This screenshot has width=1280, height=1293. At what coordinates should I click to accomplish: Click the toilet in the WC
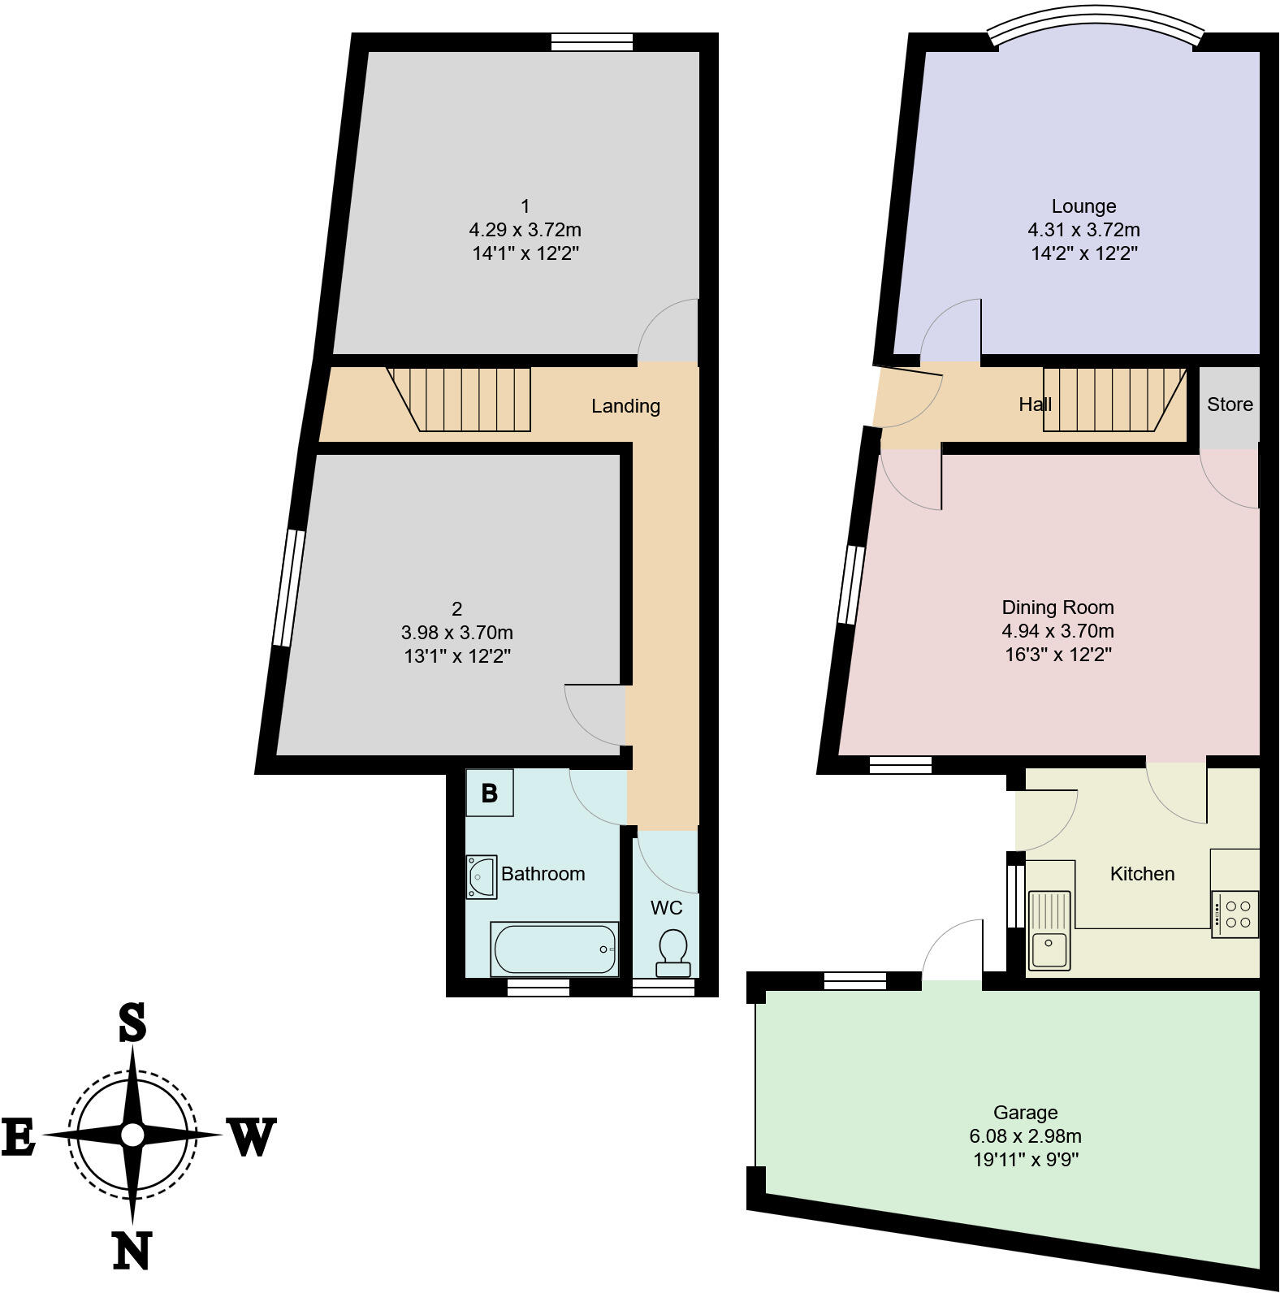[672, 952]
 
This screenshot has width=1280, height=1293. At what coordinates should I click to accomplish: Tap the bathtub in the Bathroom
[555, 949]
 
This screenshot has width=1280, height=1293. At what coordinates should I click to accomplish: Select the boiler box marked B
[489, 793]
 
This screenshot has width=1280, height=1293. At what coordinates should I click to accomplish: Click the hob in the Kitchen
[1235, 915]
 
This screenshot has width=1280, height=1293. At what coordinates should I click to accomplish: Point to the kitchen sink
[1049, 930]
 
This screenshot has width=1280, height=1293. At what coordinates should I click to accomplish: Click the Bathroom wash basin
[482, 877]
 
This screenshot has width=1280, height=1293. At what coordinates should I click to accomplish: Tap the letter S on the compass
[132, 1023]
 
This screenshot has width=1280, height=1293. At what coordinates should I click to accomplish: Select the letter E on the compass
[18, 1136]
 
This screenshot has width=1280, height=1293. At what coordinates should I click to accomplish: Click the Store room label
[1230, 404]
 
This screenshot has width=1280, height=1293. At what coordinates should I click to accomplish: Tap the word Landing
[625, 406]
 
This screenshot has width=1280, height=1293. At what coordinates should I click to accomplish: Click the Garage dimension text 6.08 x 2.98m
[1025, 1136]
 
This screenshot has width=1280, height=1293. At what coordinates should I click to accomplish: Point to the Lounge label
[1083, 206]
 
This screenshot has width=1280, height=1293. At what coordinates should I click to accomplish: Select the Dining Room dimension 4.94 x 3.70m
[1057, 631]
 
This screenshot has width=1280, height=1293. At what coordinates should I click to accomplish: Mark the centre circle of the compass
[132, 1135]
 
